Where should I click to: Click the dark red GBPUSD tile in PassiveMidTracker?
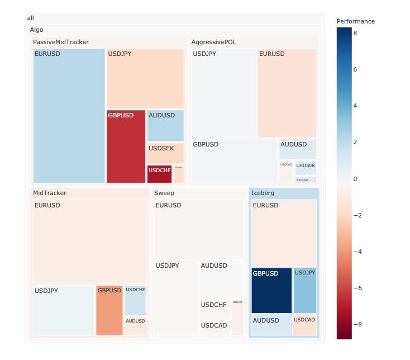pos(126,146)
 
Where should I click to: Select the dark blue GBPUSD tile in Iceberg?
pos(271,290)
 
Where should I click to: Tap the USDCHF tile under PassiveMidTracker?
pos(159,174)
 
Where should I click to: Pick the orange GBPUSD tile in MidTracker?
pos(109,310)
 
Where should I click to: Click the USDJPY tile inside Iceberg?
pos(305,290)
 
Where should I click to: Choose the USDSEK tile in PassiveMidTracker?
pos(165,153)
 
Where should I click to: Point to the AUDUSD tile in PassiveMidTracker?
pos(165,126)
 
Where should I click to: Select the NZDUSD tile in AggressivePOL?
pos(306,180)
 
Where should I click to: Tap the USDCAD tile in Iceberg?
pos(305,325)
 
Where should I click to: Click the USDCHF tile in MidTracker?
pos(135,300)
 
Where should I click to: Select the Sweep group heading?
pos(164,193)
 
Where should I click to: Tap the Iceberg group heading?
pos(263,193)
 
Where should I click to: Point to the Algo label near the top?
pos(36,30)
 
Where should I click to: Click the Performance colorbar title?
pos(356,21)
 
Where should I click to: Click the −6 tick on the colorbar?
pos(356,288)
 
